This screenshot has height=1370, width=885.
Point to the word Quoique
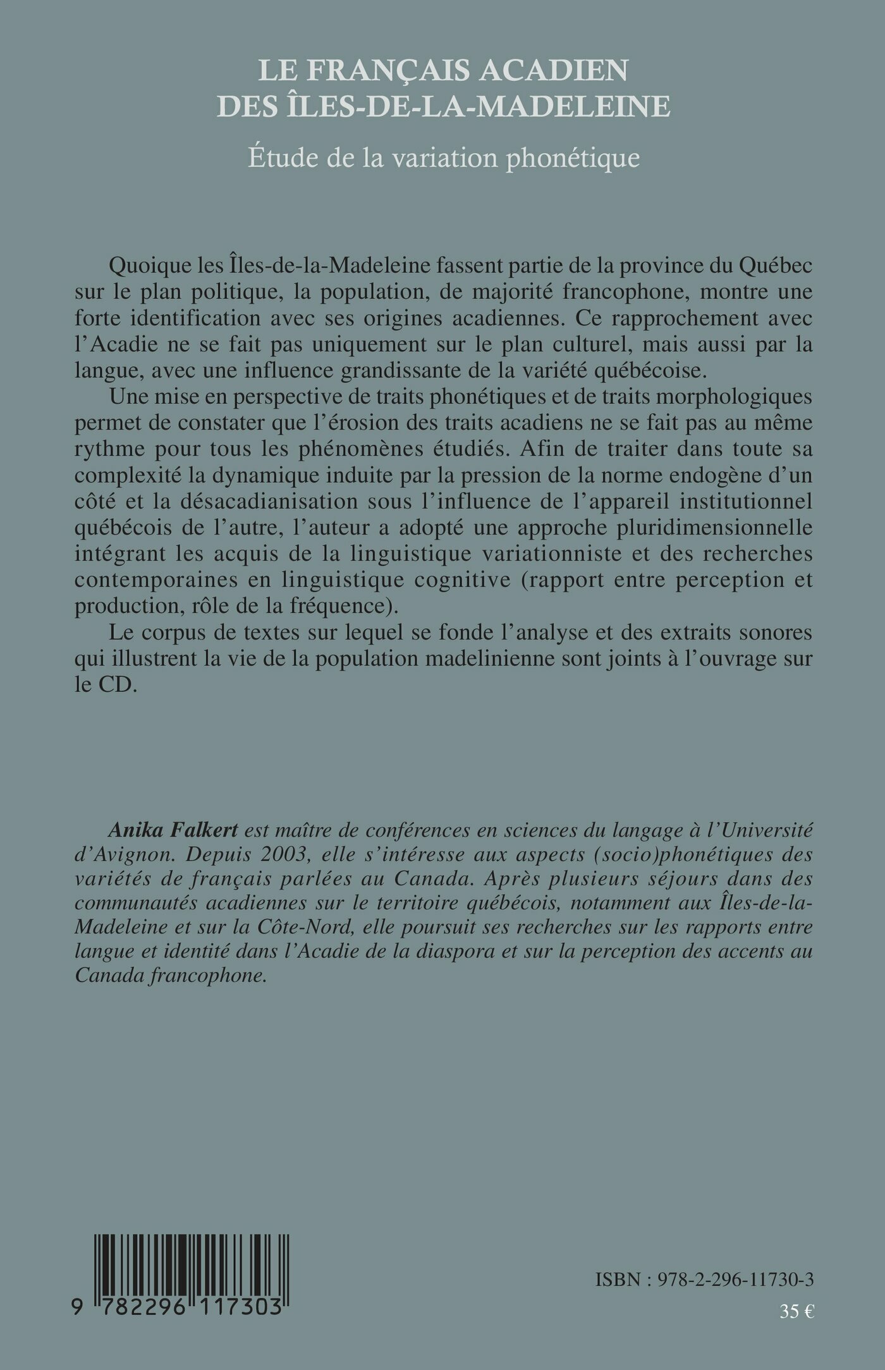pyautogui.click(x=148, y=266)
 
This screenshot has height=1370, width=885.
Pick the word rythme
pyautogui.click(x=110, y=449)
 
